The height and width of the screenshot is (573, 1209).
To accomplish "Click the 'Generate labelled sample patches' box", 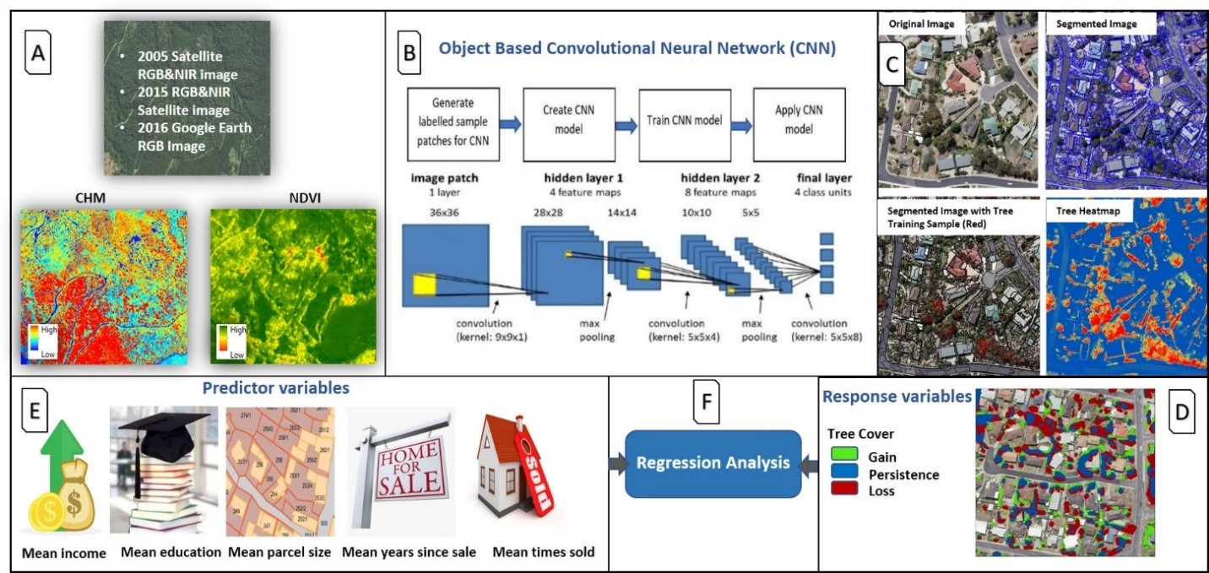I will [x=452, y=123].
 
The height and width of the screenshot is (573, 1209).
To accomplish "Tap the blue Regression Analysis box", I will [x=713, y=462].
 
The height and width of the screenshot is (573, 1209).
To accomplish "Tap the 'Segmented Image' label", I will [x=1094, y=24].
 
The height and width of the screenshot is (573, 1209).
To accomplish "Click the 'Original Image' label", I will [x=922, y=24].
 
